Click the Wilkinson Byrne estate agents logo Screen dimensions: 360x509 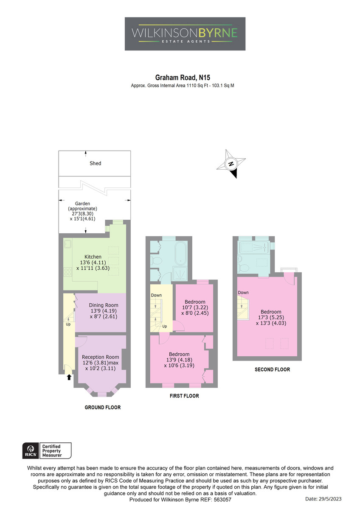tap(185, 34)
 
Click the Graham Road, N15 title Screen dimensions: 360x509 tap(183, 78)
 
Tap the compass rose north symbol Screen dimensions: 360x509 tap(231, 164)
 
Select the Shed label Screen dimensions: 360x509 tap(95, 163)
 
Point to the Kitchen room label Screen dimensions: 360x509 tap(93, 257)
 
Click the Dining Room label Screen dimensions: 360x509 tap(104, 305)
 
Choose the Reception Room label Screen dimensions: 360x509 tap(100, 357)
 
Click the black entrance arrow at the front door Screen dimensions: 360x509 tap(69, 377)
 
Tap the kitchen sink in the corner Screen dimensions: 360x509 tap(68, 244)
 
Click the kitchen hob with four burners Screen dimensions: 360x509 tap(67, 272)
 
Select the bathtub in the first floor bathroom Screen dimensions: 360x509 tap(181, 253)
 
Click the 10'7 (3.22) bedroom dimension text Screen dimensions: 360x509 tap(195, 308)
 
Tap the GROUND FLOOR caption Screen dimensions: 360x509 tap(103, 408)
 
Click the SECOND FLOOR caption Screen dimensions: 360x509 tap(272, 369)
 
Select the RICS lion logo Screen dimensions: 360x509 tap(31, 450)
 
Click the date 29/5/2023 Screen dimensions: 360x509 tap(329, 499)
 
